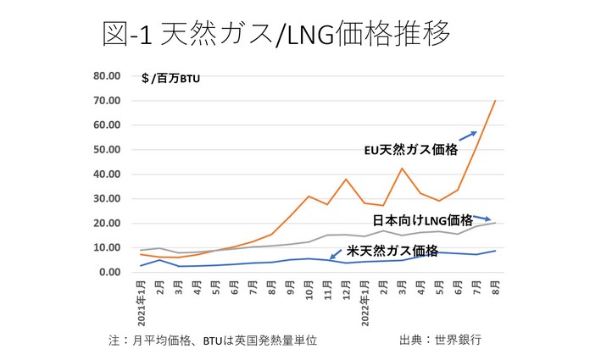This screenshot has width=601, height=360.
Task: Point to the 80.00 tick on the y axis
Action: click(x=111, y=76)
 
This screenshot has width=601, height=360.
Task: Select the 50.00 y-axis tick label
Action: click(x=111, y=150)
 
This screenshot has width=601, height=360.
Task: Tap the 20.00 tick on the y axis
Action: click(x=111, y=224)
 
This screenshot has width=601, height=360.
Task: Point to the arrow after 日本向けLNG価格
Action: click(x=481, y=219)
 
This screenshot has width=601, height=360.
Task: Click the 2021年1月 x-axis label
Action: click(x=142, y=302)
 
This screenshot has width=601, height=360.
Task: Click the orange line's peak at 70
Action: click(x=495, y=101)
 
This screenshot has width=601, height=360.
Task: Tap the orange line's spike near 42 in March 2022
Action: click(x=401, y=169)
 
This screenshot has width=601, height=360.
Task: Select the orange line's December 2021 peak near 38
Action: click(x=346, y=180)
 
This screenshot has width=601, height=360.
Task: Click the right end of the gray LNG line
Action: click(x=495, y=223)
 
